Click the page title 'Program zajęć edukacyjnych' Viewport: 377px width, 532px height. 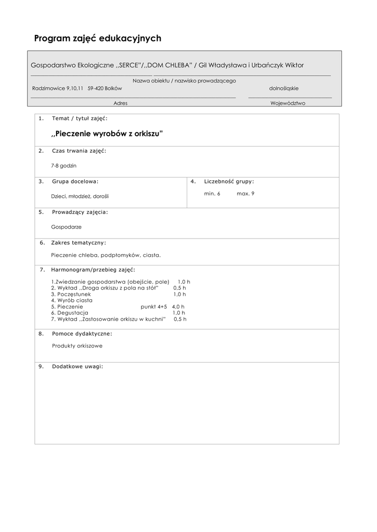coord(98,38)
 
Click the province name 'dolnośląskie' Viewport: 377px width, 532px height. coord(284,88)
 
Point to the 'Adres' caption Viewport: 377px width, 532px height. coord(120,103)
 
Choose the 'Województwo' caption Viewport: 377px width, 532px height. coord(288,103)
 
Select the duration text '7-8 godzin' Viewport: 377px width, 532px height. coord(63,165)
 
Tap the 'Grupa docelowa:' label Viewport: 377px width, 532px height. coord(75,181)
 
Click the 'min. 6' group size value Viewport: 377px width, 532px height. coord(212,193)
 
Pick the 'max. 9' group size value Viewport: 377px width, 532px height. coord(245,193)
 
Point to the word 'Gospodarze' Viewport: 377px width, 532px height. coord(66,227)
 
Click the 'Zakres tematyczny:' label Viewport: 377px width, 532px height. coord(79,243)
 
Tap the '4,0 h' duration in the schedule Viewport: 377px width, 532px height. coord(178,307)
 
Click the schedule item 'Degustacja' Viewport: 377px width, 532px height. coord(72,313)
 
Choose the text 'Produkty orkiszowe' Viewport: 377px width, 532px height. coord(77,345)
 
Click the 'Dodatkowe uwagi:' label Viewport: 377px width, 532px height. coord(77,366)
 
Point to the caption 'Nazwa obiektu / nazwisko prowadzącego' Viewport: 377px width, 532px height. coord(184,81)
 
